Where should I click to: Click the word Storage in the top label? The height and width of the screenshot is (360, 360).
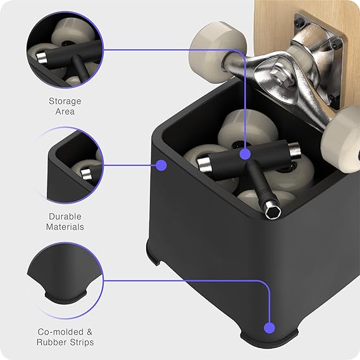click(65, 101)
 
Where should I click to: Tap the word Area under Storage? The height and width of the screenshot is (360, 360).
click(65, 111)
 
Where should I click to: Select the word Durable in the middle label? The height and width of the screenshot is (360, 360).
click(65, 216)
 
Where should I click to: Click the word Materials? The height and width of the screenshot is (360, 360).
click(65, 227)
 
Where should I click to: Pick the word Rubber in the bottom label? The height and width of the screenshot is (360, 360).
click(52, 342)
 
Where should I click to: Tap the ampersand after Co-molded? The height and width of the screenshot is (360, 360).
click(90, 332)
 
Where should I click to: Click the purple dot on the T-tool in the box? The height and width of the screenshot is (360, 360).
click(245, 154)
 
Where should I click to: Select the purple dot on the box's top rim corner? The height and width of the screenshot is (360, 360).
click(161, 165)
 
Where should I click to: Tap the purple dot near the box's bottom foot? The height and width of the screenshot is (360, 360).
click(270, 328)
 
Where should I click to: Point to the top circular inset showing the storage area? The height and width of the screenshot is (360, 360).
click(65, 50)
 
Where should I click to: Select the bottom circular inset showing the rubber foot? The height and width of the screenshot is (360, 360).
click(65, 280)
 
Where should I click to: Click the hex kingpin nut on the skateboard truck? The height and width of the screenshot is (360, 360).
click(279, 75)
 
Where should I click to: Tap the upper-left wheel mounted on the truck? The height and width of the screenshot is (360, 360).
click(217, 52)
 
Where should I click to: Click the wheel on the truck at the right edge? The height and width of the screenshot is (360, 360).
click(342, 140)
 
